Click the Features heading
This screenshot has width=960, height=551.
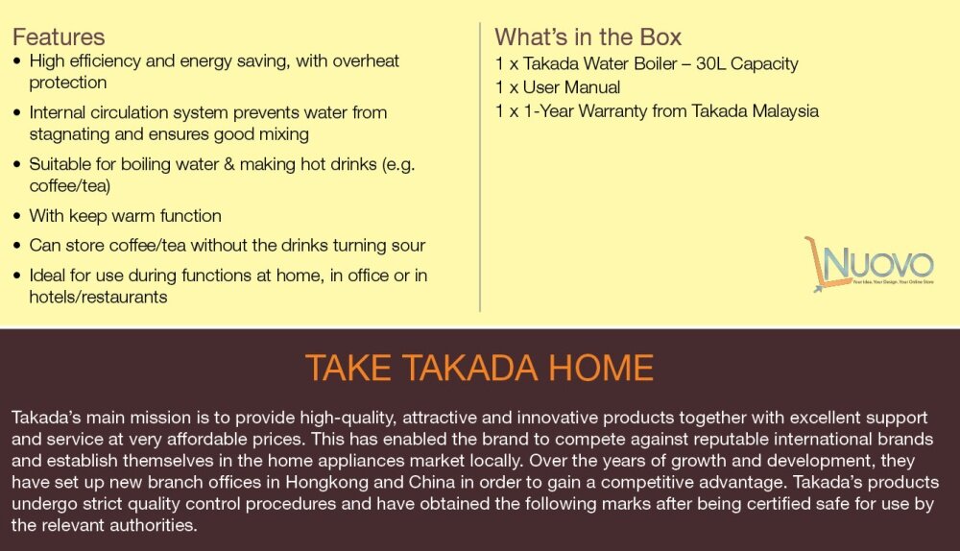pyautogui.click(x=59, y=37)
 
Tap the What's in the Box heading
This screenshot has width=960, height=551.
pyautogui.click(x=588, y=37)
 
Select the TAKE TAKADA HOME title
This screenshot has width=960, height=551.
pyautogui.click(x=479, y=368)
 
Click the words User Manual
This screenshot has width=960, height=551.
pyautogui.click(x=571, y=87)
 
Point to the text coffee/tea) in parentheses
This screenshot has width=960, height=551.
pyautogui.click(x=70, y=186)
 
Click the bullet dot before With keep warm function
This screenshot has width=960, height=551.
pyautogui.click(x=17, y=216)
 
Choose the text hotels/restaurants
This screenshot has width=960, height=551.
pyautogui.click(x=98, y=297)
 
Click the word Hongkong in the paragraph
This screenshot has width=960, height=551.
pyautogui.click(x=325, y=483)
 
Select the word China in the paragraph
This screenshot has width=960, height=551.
pyautogui.click(x=432, y=483)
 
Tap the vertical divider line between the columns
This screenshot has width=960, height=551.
pyautogui.click(x=480, y=167)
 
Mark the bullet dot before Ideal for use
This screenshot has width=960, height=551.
pyautogui.click(x=17, y=275)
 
